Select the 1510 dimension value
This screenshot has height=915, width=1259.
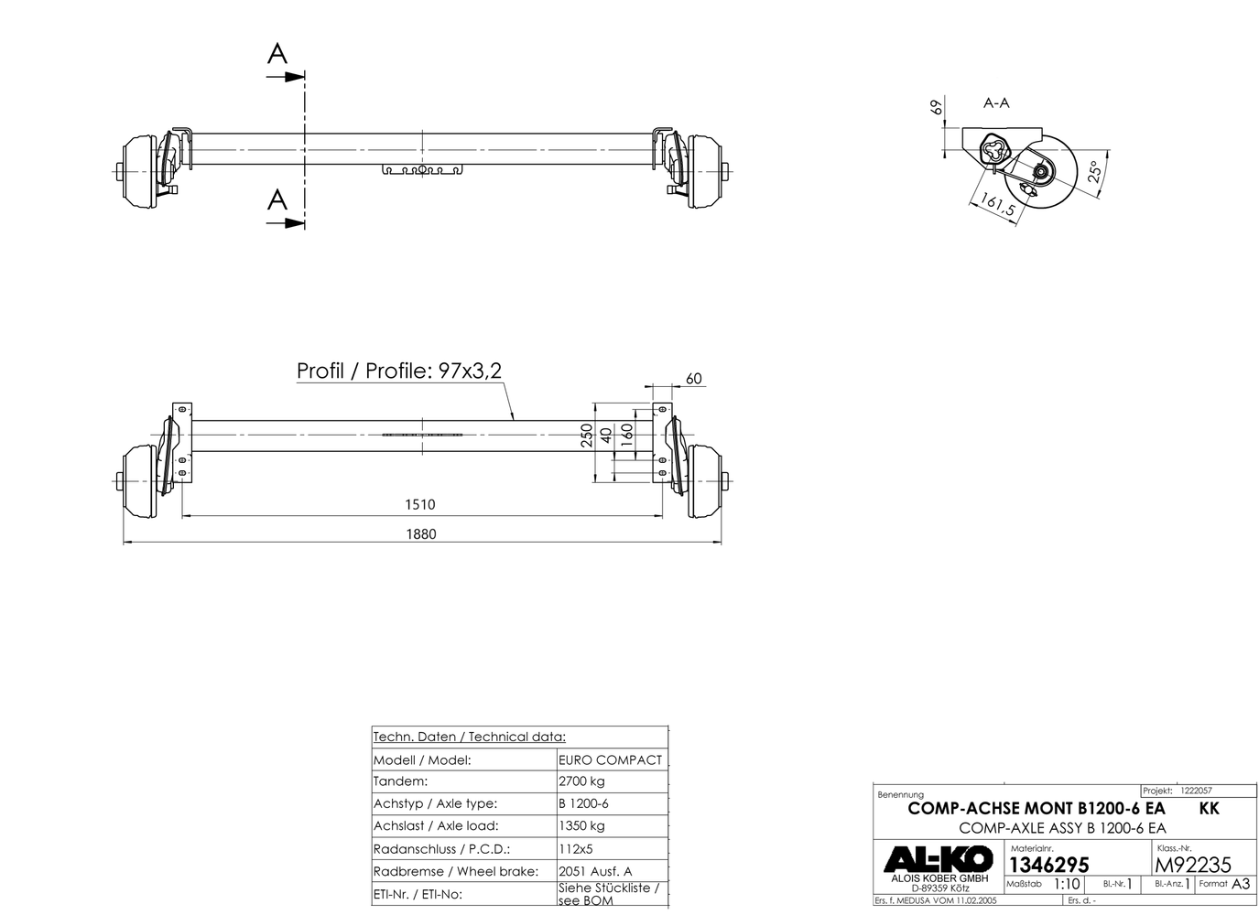pyautogui.click(x=420, y=504)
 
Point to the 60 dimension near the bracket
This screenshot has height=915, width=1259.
pyautogui.click(x=693, y=379)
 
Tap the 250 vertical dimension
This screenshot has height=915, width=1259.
pyautogui.click(x=587, y=435)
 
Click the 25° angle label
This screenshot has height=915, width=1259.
pyautogui.click(x=1094, y=173)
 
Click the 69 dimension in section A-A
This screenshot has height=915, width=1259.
pyautogui.click(x=936, y=107)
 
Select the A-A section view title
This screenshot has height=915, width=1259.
pyautogui.click(x=996, y=103)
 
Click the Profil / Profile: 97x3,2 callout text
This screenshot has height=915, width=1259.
pyautogui.click(x=398, y=371)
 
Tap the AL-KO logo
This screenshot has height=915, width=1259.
pyautogui.click(x=937, y=858)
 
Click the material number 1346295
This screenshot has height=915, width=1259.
pyautogui.click(x=1048, y=865)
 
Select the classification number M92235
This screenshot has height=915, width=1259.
pyautogui.click(x=1193, y=865)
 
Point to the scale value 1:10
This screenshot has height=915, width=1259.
pyautogui.click(x=1067, y=885)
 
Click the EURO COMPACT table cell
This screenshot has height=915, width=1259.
pyautogui.click(x=610, y=759)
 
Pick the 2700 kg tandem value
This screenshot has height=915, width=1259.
pyautogui.click(x=581, y=781)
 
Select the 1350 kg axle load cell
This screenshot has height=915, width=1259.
pyautogui.click(x=581, y=826)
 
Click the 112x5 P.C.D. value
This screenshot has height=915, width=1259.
pyautogui.click(x=575, y=849)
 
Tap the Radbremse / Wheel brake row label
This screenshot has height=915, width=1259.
pyautogui.click(x=455, y=872)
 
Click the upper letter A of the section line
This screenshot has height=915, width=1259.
pyautogui.click(x=277, y=55)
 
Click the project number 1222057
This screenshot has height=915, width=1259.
pyautogui.click(x=1196, y=790)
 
